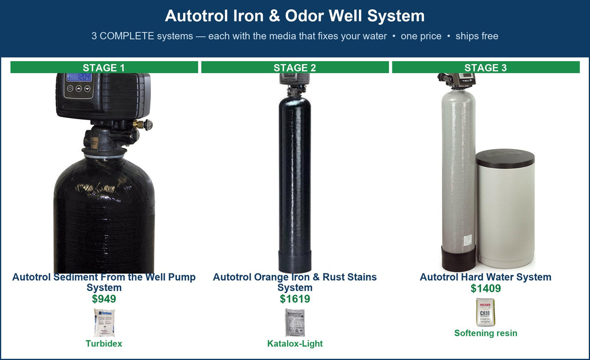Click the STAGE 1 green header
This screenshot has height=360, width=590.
[x=104, y=67]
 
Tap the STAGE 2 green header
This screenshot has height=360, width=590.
[x=295, y=67]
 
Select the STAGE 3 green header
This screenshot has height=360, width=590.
[x=486, y=67]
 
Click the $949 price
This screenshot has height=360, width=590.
[x=104, y=299]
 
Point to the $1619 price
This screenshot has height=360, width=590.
[x=295, y=299]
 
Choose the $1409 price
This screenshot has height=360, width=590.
[x=486, y=289]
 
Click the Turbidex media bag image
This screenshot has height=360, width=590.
[x=104, y=323]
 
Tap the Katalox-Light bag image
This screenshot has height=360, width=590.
[x=295, y=323]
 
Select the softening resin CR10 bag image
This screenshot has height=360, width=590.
[x=486, y=312]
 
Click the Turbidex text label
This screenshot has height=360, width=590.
[x=104, y=343]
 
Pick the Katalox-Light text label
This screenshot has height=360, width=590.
[x=295, y=343]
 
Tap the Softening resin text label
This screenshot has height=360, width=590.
[x=486, y=333]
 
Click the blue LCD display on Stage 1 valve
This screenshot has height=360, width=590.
[x=79, y=77]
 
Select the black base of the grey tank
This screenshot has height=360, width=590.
[x=458, y=259]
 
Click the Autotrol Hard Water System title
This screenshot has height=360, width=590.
[x=486, y=277]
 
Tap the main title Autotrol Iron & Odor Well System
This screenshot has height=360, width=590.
[x=295, y=16]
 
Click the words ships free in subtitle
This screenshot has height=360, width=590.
[x=476, y=36]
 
